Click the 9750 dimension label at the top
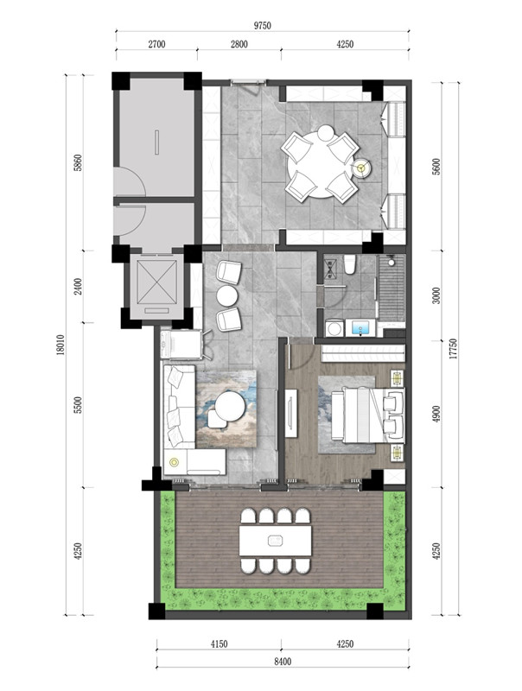(262, 26)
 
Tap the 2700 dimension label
(156, 44)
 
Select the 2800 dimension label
(239, 44)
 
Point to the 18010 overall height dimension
(60, 345)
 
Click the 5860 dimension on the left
(78, 162)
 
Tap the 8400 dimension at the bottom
(283, 662)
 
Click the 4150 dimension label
(219, 644)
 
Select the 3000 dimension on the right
(436, 295)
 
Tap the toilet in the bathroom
(350, 264)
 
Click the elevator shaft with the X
(156, 282)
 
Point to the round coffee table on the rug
(230, 406)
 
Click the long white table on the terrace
(276, 541)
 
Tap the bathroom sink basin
(360, 328)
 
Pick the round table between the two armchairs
(227, 295)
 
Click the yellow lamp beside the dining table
(362, 168)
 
